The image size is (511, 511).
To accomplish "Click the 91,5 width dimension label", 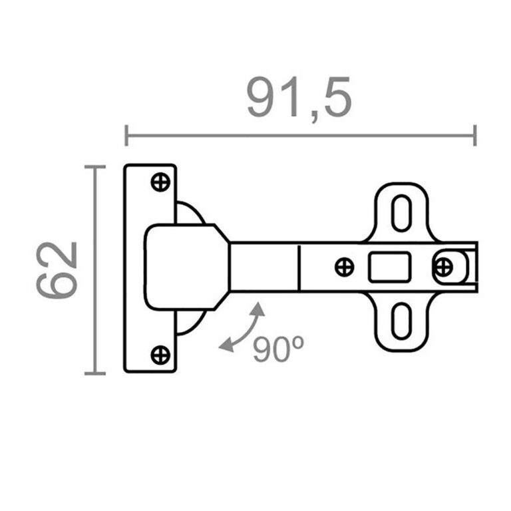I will [x=299, y=98].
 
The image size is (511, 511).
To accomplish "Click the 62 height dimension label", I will [x=57, y=269].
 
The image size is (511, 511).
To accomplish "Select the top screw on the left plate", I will [x=160, y=182].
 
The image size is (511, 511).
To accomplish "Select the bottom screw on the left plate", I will [x=160, y=354].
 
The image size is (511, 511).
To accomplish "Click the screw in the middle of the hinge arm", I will [x=344, y=267].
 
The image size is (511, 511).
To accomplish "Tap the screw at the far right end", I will [x=443, y=267].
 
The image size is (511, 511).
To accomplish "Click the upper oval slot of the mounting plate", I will [x=401, y=212].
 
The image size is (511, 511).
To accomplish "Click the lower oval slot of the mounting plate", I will [x=401, y=323].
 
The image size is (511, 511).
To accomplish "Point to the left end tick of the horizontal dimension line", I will [x=126, y=135].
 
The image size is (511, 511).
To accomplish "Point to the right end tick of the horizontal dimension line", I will [x=474, y=135].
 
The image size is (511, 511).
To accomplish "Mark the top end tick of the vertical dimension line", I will [x=95, y=166].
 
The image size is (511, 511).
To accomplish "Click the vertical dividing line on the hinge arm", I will [x=299, y=267].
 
